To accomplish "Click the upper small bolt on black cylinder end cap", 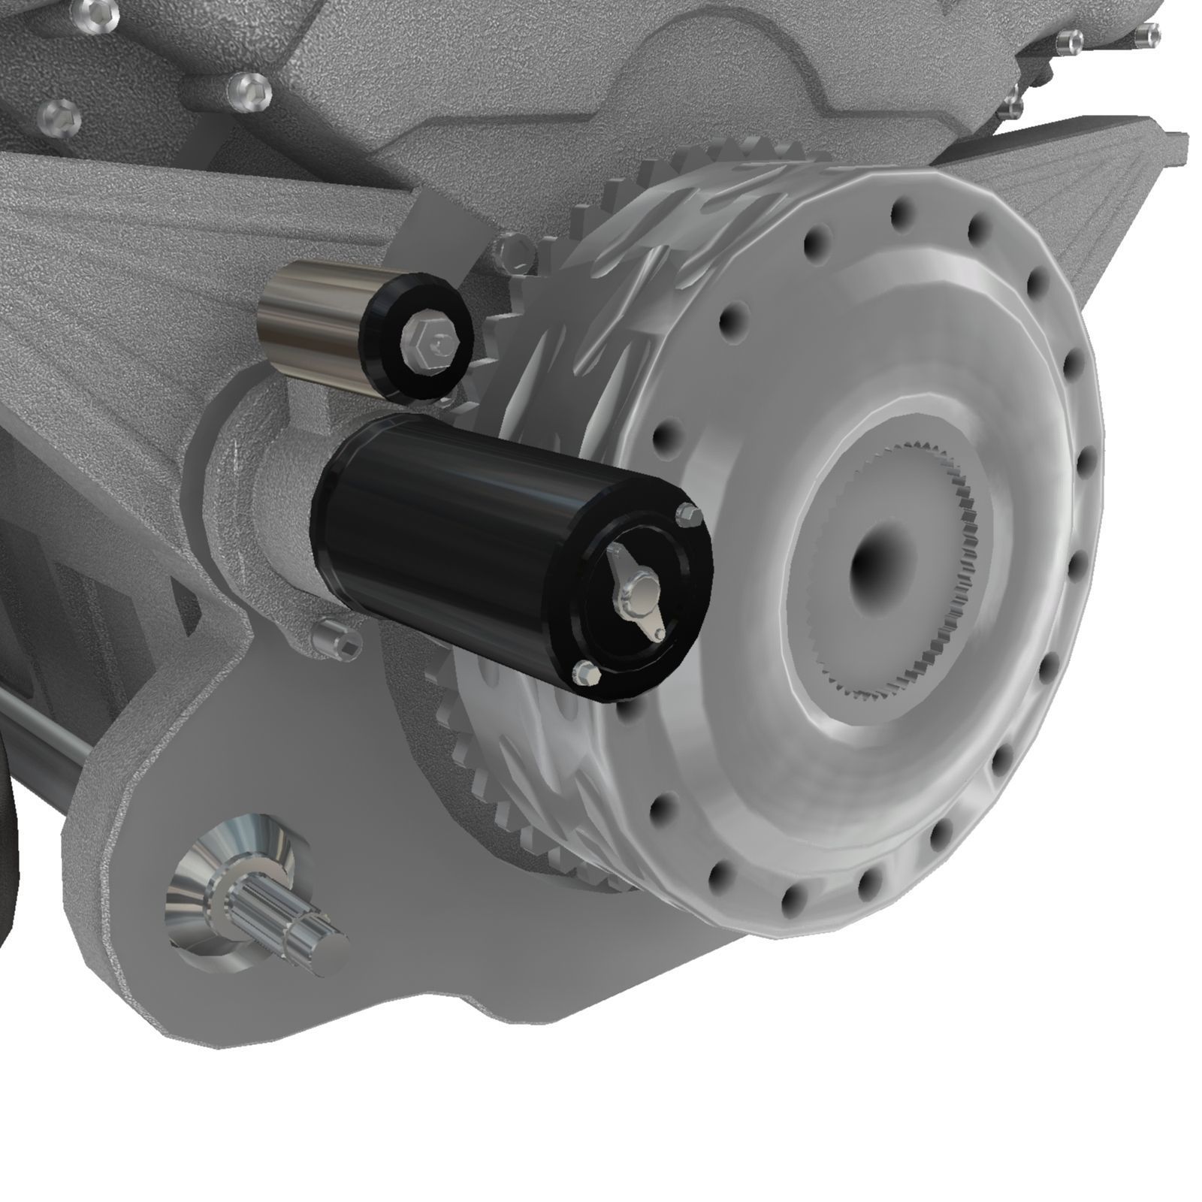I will click(688, 515).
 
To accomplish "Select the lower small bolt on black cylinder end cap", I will click(585, 671).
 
